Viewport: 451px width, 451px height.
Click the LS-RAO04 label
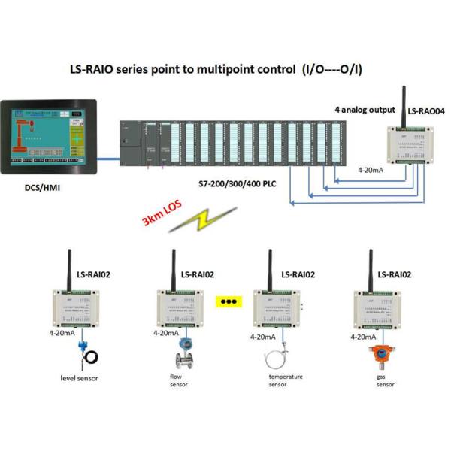[426, 110]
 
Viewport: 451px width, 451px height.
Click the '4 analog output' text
[365, 110]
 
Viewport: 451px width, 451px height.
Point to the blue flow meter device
[183, 350]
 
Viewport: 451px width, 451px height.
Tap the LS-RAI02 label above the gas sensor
[394, 275]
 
